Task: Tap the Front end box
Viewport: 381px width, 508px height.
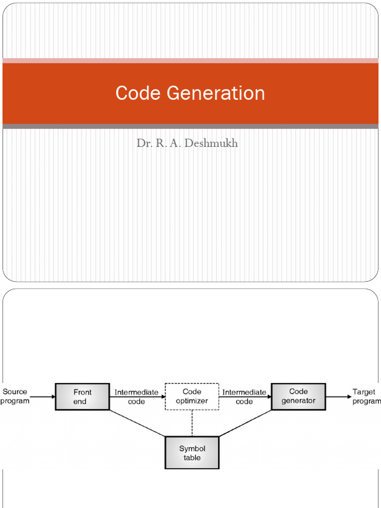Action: [82, 397]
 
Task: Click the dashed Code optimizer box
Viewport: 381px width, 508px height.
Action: [191, 397]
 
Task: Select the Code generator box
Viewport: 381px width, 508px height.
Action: [298, 396]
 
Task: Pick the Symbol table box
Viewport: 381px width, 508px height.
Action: [191, 452]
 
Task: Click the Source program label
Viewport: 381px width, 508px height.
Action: [14, 396]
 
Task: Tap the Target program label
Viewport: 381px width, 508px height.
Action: [366, 396]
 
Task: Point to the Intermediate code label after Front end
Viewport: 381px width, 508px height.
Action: [136, 396]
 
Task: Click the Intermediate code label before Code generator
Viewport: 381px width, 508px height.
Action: [244, 396]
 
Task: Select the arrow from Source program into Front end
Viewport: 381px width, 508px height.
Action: [43, 397]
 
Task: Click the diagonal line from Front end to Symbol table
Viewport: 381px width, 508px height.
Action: [136, 423]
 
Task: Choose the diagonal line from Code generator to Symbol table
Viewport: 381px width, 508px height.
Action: [246, 423]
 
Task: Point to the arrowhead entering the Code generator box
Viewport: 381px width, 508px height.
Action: [269, 397]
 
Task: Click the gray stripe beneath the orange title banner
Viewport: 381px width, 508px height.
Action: [190, 127]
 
